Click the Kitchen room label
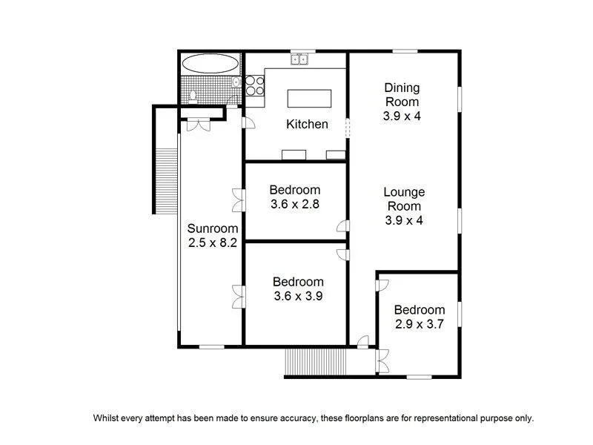(307, 125)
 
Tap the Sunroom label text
(212, 228)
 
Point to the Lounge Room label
(403, 199)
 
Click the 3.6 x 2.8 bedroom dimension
(294, 204)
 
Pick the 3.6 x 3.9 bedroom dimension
(298, 296)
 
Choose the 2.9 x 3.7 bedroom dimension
(419, 323)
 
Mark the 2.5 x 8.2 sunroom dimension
(212, 243)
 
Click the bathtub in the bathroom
(211, 63)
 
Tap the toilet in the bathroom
(193, 96)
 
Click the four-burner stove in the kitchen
(255, 86)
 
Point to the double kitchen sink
(299, 59)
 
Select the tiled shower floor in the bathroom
(208, 90)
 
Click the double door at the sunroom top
(198, 125)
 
